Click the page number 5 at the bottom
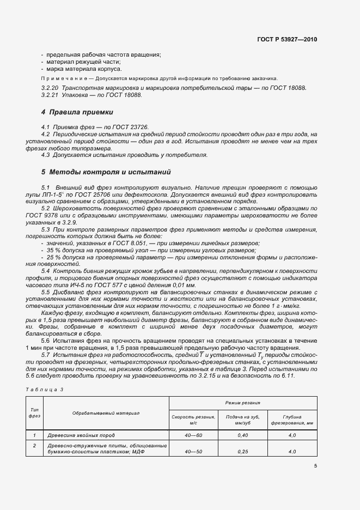pyautogui.click(x=315, y=465)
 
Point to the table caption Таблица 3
pyautogui.click(x=45, y=389)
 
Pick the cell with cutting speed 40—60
pyautogui.click(x=193, y=435)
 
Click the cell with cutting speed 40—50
pyautogui.click(x=193, y=452)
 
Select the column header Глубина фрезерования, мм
pyautogui.click(x=292, y=419)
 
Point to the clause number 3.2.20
pyautogui.click(x=50, y=88)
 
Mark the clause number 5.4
pyautogui.click(x=46, y=271)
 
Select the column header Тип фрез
pyautogui.click(x=34, y=413)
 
